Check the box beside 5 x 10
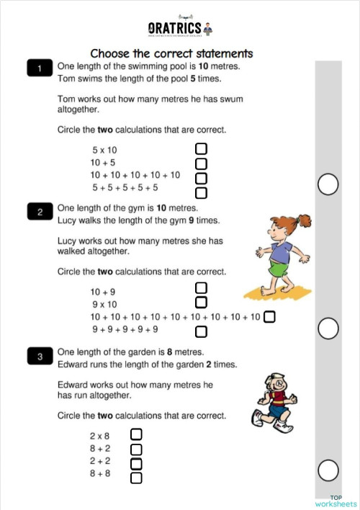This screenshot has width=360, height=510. [202, 149]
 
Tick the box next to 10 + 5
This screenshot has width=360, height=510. [202, 164]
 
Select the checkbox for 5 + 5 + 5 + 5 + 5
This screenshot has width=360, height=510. [202, 192]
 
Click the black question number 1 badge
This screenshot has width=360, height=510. [40, 68]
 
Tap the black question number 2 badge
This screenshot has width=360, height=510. [40, 212]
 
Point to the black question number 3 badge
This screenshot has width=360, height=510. [40, 356]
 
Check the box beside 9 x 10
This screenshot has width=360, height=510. [202, 303]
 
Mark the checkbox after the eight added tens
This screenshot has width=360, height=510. [269, 317]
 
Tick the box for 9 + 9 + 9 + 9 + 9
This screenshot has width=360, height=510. [202, 331]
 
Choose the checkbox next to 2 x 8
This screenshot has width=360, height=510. [136, 434]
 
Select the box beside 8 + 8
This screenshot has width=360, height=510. [136, 477]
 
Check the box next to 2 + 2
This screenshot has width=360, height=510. [136, 463]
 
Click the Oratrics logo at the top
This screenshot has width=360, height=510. [180, 28]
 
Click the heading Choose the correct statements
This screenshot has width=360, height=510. [171, 53]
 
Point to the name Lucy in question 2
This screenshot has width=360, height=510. [66, 220]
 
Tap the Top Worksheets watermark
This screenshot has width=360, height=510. [336, 501]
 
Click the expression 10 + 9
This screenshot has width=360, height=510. [103, 292]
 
